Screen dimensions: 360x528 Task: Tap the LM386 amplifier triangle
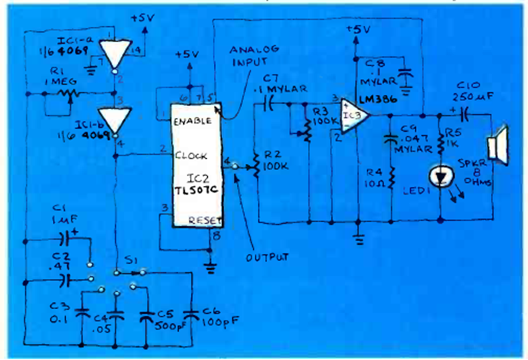tap(351, 113)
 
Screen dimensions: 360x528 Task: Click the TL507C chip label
tap(194, 191)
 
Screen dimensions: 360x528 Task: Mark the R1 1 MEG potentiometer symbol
tap(70, 94)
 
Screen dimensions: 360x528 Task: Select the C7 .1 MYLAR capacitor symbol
tap(270, 104)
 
